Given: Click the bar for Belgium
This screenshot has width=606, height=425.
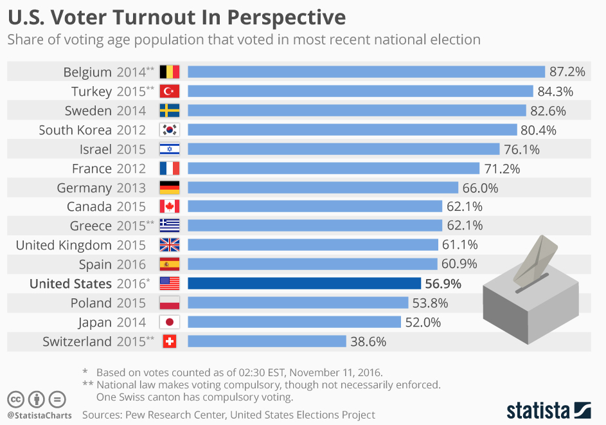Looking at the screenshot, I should [x=366, y=71].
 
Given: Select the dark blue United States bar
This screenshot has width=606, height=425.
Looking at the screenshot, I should [x=304, y=284].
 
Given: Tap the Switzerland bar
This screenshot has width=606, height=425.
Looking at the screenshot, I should [x=267, y=341].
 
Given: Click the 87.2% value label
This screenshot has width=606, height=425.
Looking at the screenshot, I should [x=567, y=72].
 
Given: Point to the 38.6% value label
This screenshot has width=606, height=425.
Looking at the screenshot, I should [x=368, y=342].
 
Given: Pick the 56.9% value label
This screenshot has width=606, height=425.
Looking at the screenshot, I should [x=443, y=284].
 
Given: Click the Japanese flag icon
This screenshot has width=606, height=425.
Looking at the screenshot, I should [x=170, y=322].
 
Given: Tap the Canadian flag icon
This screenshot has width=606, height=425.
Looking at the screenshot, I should [x=170, y=206].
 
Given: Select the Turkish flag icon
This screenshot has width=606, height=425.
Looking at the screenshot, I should [x=170, y=91].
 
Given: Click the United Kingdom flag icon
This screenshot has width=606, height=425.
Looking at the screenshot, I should [x=170, y=245].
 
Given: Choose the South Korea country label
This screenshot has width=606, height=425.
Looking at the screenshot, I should [x=75, y=130].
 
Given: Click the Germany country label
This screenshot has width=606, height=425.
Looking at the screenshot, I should [x=84, y=188].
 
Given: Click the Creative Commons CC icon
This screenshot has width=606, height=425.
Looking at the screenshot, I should [x=16, y=399].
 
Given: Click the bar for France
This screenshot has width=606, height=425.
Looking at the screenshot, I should [x=334, y=168].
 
